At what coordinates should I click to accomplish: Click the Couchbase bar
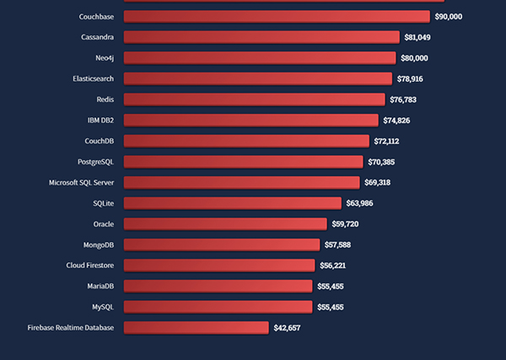click(277, 16)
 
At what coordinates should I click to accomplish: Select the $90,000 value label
click(449, 16)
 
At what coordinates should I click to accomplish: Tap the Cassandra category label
click(99, 37)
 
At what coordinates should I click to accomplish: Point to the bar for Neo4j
click(260, 57)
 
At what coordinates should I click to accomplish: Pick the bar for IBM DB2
click(251, 120)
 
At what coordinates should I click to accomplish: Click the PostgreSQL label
click(95, 161)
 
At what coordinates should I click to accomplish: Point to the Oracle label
click(104, 223)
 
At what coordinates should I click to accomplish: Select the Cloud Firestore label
click(90, 265)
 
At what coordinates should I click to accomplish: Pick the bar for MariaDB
click(218, 286)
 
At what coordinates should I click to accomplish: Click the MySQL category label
click(103, 307)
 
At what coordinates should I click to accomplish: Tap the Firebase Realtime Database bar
click(196, 327)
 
